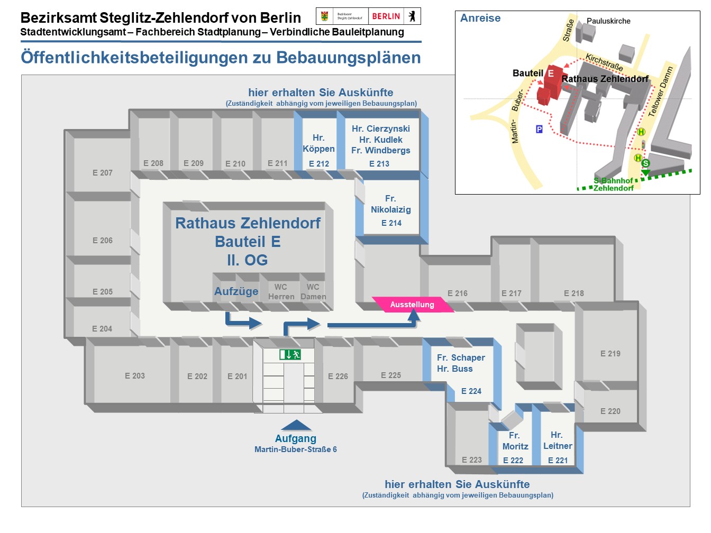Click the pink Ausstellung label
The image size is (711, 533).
pos(412,305)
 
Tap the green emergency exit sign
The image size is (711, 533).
pos(290,354)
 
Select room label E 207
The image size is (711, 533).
pos(103,173)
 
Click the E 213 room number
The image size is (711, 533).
pos(379,164)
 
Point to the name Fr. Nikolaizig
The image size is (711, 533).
pos(390,204)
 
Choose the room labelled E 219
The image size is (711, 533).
pos(610,354)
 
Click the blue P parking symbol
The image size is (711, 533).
pos(539,129)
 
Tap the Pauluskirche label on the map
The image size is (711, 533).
pos(608,21)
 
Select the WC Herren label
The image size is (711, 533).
pos(281,292)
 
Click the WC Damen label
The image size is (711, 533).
pos(313,292)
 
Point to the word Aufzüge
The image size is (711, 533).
pos(236,291)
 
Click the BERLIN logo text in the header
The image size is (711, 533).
pos(386,16)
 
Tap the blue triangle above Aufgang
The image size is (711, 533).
pos(296,425)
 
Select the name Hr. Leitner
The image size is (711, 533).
pos(558,440)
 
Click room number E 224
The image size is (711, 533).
pos(471,391)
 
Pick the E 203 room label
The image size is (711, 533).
pos(135,376)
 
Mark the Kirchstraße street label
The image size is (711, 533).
pos(604,62)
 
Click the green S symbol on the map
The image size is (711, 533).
pos(645,163)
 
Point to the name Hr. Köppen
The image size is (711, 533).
pos(318,143)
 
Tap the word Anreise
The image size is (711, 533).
pos(480,18)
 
